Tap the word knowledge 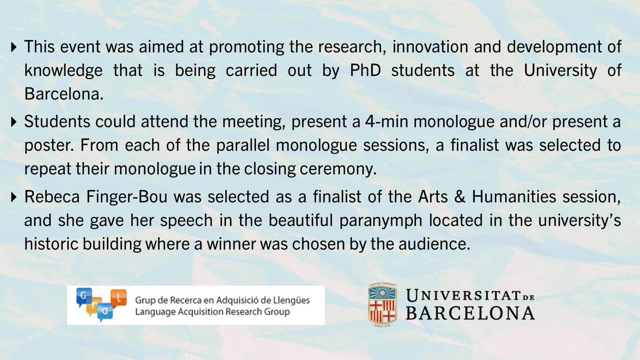(58, 71)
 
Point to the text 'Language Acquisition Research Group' (213, 312)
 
